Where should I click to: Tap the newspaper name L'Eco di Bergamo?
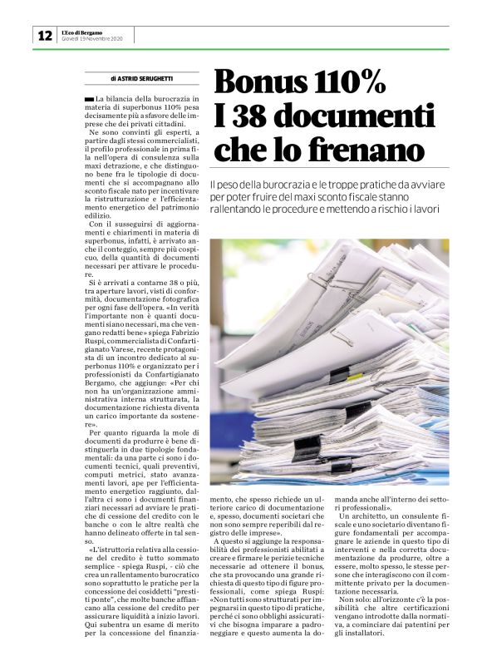[81, 32]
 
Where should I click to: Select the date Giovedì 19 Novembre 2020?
[92, 39]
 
